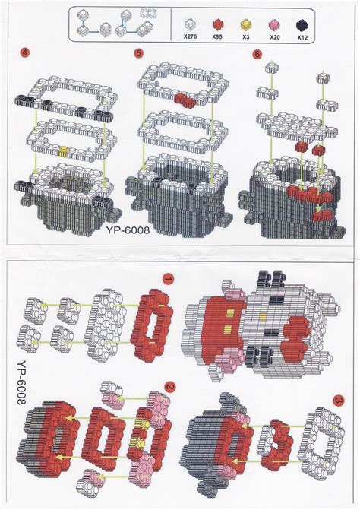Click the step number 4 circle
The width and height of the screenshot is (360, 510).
click(26, 55)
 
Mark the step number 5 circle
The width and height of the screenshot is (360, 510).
click(138, 54)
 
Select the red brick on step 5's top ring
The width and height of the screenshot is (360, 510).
click(185, 99)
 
